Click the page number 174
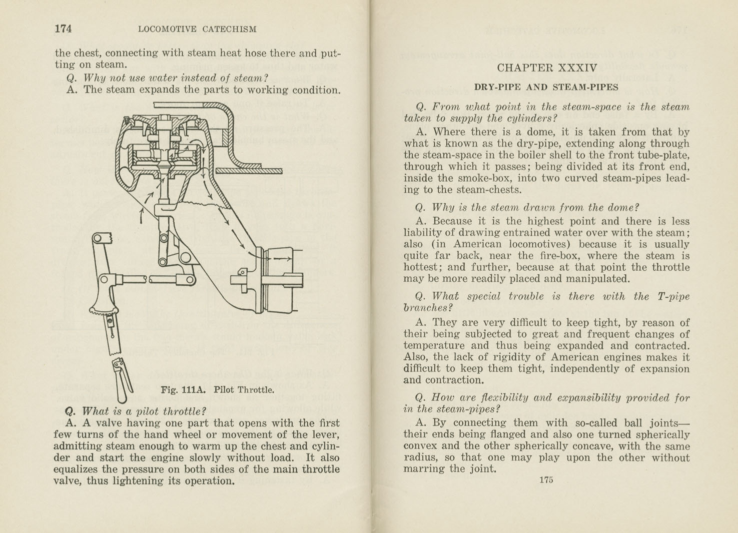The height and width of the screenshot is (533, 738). pyautogui.click(x=63, y=29)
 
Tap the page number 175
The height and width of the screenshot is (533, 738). pyautogui.click(x=546, y=480)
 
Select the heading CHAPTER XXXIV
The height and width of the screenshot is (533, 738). pyautogui.click(x=547, y=68)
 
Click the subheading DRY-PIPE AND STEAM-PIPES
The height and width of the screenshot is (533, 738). pyautogui.click(x=546, y=87)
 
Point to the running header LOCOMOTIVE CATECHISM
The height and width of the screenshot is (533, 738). pyautogui.click(x=197, y=29)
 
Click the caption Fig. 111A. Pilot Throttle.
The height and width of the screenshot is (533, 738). pyautogui.click(x=217, y=390)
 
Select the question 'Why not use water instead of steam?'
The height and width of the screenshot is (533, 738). pyautogui.click(x=176, y=78)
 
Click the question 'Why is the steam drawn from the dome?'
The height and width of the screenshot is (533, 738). pyautogui.click(x=535, y=207)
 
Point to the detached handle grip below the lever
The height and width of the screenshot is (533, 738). pyautogui.click(x=122, y=379)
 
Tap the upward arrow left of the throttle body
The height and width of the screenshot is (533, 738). pyautogui.click(x=142, y=216)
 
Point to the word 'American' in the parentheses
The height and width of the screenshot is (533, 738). pyautogui.click(x=477, y=244)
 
